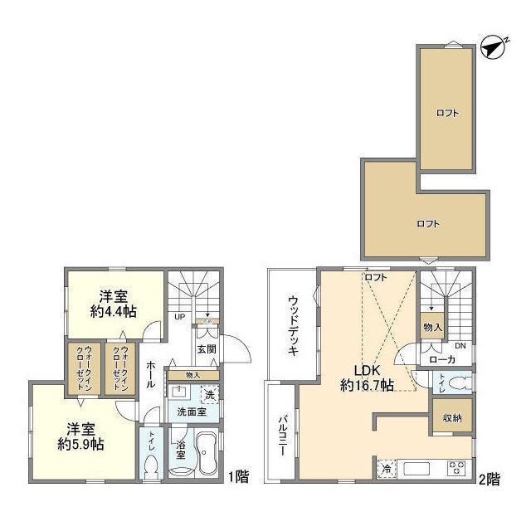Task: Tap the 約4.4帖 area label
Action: coord(114,312)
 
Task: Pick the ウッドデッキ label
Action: coord(294,325)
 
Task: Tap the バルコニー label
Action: coord(281,437)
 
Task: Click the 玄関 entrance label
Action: coord(207,349)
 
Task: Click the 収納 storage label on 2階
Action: coord(451,417)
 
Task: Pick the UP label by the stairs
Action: coord(179,315)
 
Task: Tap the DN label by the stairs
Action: coord(460,346)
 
